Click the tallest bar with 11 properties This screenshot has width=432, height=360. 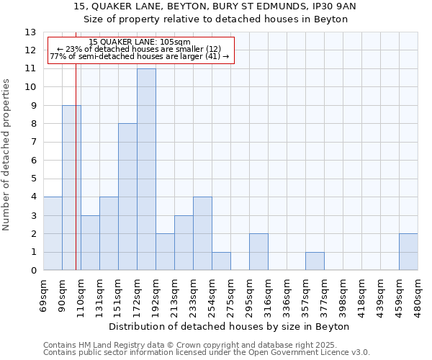tap(146, 169)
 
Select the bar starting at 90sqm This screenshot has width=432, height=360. tap(71, 188)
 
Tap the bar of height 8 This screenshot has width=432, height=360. tap(127, 197)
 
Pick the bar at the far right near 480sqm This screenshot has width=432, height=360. tap(408, 252)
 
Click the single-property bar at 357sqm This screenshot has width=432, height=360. tap(315, 261)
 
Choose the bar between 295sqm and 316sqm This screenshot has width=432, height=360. tap(258, 252)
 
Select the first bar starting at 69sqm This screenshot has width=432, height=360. tap(53, 233)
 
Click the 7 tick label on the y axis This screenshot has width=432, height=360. tap(33, 143)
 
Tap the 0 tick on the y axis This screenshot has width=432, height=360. tap(33, 271)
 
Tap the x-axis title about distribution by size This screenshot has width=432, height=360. tap(230, 327)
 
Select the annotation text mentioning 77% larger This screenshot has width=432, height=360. tap(140, 56)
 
